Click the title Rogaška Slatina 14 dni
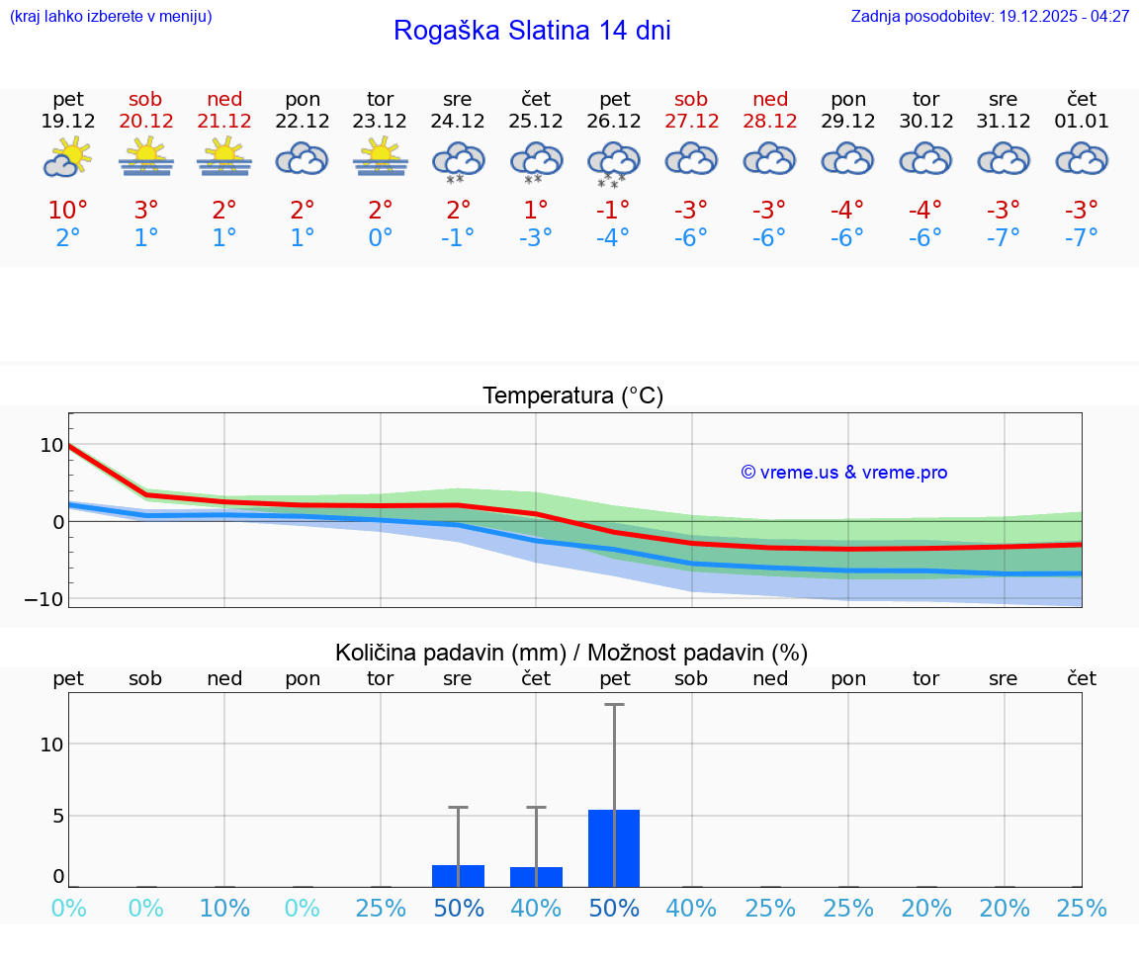pos(532,31)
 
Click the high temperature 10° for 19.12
pos(68,211)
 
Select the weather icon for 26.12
pos(614,163)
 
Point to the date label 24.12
pos(457,122)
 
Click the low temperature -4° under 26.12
pos(613,238)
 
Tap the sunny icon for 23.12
pos(380,158)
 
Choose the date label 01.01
pos(1082,122)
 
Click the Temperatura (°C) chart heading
pos(572,396)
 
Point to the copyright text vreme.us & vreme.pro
pos(843,473)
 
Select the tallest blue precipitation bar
pos(614,848)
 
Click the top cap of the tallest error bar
pos(614,704)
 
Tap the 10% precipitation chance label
pos(224,909)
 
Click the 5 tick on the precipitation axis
pos(57,816)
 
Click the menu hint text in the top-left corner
pos(111,17)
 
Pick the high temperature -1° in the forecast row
pos(613,211)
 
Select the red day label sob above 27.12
pos(691,99)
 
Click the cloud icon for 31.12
pos(1004,159)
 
